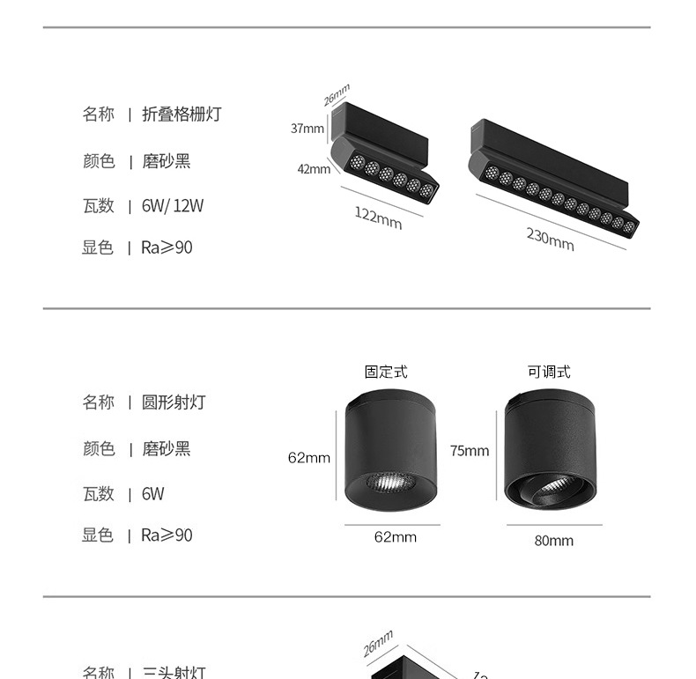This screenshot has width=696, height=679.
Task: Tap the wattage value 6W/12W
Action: (x=173, y=205)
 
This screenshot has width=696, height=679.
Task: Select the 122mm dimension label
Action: (x=378, y=218)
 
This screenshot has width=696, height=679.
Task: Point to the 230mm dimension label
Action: (x=551, y=239)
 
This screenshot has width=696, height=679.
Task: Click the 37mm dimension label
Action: (x=307, y=129)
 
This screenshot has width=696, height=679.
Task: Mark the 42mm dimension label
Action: (x=314, y=169)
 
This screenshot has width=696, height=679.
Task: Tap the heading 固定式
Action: (x=387, y=372)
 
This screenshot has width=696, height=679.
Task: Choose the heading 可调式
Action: (x=549, y=372)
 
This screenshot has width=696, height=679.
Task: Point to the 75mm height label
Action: (x=469, y=451)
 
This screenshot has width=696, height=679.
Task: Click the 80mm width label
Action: (x=553, y=541)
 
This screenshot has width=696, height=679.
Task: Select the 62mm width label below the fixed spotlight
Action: (x=395, y=537)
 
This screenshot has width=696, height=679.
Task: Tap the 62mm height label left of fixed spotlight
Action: (x=309, y=457)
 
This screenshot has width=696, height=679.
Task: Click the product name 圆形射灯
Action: (x=174, y=402)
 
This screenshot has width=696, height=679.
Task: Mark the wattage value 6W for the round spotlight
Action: (x=153, y=494)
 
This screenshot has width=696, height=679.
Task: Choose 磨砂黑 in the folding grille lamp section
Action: (x=167, y=161)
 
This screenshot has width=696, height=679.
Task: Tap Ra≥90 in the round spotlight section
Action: (x=167, y=535)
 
